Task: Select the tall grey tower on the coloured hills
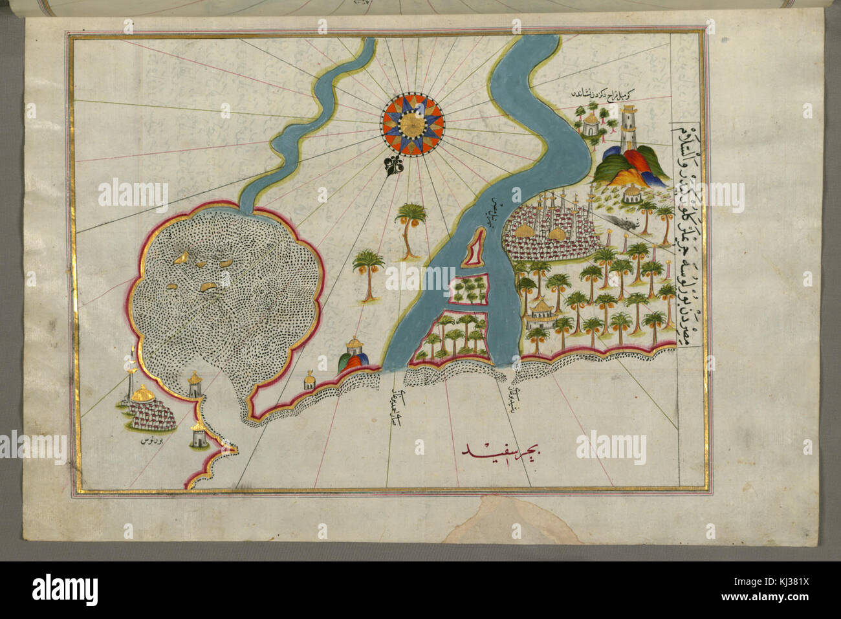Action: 626,129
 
